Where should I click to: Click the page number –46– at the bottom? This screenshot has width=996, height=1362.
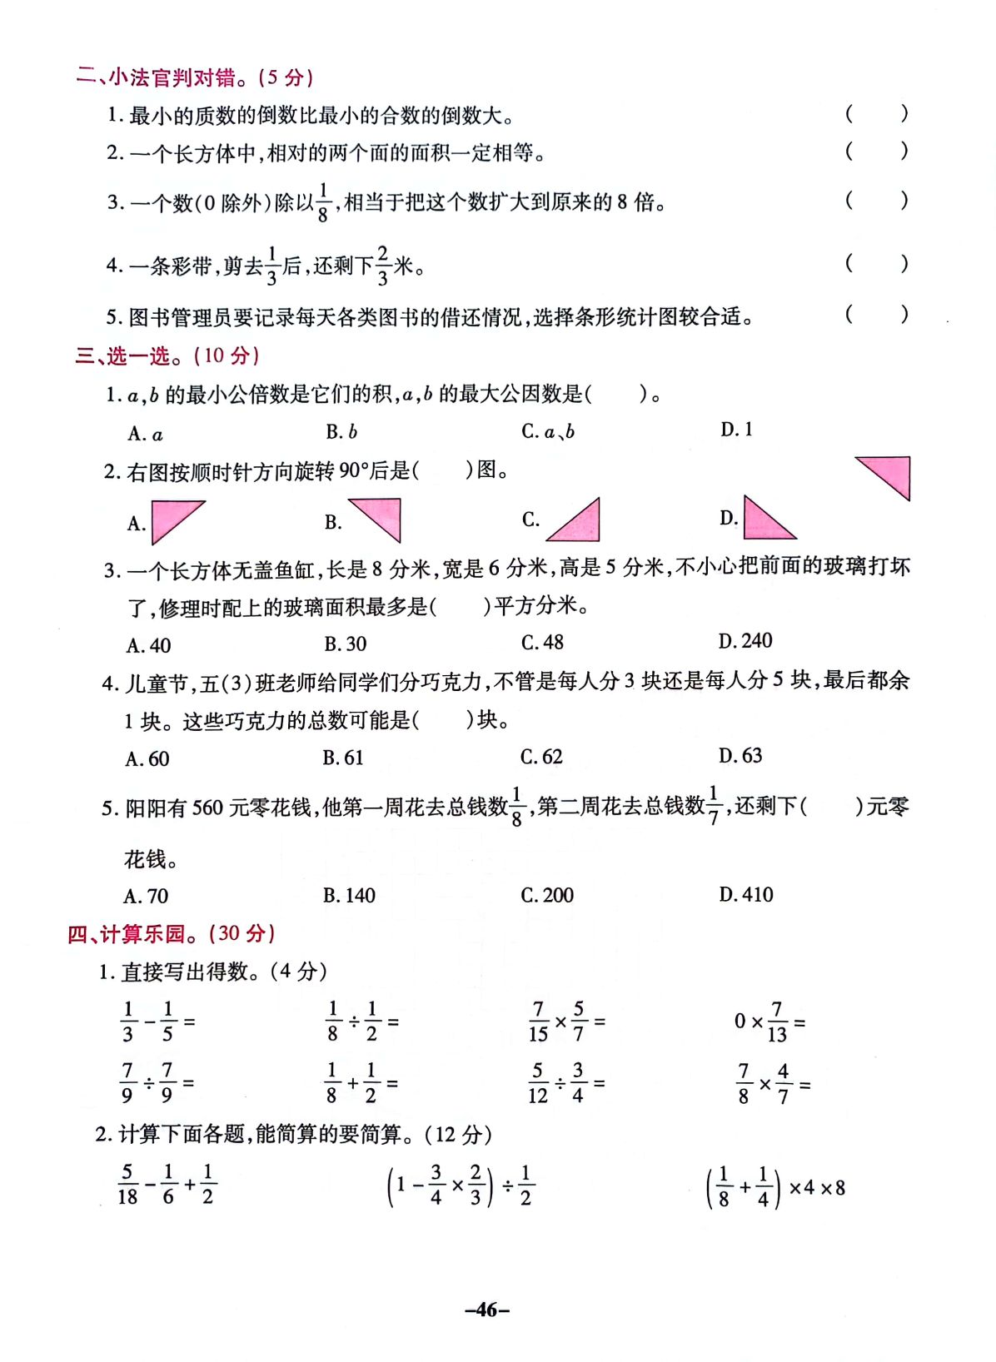tap(487, 1310)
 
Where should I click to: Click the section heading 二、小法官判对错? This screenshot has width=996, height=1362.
tap(194, 77)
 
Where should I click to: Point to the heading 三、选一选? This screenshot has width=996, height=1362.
tap(167, 355)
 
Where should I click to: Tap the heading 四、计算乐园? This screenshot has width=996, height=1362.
tap(171, 933)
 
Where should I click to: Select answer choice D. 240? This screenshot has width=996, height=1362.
tap(745, 641)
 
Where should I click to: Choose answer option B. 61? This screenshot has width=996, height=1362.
tap(343, 758)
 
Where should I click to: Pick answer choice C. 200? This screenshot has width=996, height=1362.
tap(547, 895)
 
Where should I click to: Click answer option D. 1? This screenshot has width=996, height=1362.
tap(737, 430)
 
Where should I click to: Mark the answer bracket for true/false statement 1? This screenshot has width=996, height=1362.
tap(876, 114)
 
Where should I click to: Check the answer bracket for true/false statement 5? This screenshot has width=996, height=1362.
tap(876, 315)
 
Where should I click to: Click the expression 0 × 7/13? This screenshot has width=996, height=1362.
tap(769, 1022)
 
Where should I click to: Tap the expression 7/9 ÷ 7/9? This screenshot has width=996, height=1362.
tap(156, 1083)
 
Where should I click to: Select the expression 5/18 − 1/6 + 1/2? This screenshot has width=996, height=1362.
tap(167, 1185)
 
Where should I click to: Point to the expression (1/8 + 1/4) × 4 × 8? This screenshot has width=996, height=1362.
tap(775, 1188)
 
